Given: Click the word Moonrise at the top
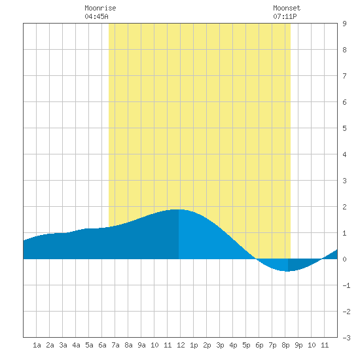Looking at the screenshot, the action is (100, 8).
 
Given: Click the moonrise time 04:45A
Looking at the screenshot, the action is (96, 16).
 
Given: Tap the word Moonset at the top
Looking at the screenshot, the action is (287, 8).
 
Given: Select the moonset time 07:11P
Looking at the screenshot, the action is (285, 16).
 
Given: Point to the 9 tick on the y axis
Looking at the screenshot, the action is (344, 24).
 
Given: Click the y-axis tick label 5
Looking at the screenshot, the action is (344, 128).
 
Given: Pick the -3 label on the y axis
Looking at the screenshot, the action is (346, 338).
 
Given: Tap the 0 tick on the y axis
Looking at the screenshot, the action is (344, 259).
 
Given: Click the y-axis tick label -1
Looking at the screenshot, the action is (346, 285).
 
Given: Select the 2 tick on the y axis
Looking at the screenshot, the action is (344, 207).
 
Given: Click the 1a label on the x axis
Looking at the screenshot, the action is (37, 345).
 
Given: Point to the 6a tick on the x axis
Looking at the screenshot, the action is (102, 345).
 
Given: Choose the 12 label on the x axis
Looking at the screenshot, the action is (181, 345).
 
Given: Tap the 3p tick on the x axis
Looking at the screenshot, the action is (220, 345).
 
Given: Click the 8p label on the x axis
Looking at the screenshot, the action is (285, 345).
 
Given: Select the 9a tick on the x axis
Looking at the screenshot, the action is (141, 345).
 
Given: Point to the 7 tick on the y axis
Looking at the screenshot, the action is (344, 76).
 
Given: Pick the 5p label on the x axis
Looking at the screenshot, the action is (246, 345).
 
